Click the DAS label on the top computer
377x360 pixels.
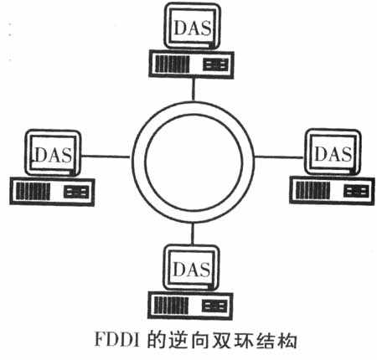pyautogui.click(x=193, y=28)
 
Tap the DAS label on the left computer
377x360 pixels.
pyautogui.click(x=53, y=155)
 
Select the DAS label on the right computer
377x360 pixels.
pyautogui.click(x=333, y=153)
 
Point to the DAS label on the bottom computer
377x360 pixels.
pyautogui.click(x=192, y=269)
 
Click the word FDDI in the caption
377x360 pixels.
pyautogui.click(x=116, y=339)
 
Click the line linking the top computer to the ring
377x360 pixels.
pyautogui.click(x=193, y=90)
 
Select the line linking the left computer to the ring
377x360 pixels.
pyautogui.click(x=106, y=157)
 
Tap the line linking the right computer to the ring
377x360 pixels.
pyautogui.click(x=279, y=157)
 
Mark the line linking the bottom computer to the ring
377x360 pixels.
pyautogui.click(x=192, y=234)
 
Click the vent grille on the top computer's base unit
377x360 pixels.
pyautogui.click(x=172, y=64)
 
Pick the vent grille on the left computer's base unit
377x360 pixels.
pyautogui.click(x=33, y=192)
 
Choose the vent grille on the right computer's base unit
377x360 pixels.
pyautogui.click(x=312, y=190)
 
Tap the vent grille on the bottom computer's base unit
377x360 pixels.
pyautogui.click(x=171, y=306)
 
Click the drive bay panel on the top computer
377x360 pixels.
pyautogui.click(x=215, y=64)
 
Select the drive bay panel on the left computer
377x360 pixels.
pyautogui.click(x=76, y=192)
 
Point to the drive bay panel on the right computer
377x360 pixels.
pyautogui.click(x=356, y=191)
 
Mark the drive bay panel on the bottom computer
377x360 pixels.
pyautogui.click(x=214, y=306)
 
